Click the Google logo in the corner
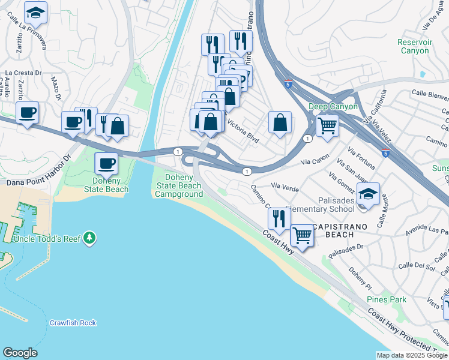tap(20, 353)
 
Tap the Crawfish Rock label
tap(73, 323)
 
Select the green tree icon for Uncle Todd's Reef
tap(90, 238)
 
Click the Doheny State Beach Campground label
tap(179, 186)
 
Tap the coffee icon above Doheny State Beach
tap(107, 164)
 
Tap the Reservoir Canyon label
tap(414, 46)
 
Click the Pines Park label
tap(387, 299)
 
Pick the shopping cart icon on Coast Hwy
tap(302, 236)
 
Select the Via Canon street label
tap(315, 161)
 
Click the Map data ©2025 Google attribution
tap(412, 355)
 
